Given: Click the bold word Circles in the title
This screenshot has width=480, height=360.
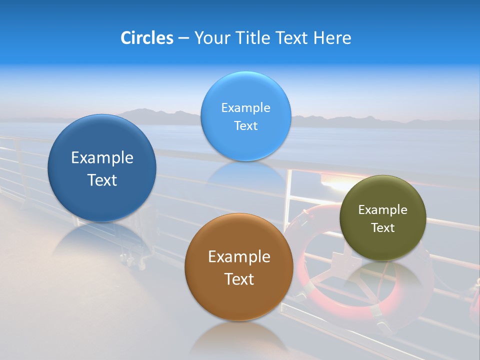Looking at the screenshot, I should pyautogui.click(x=146, y=38).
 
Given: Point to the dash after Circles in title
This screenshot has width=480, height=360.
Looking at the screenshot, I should pyautogui.click(x=183, y=38).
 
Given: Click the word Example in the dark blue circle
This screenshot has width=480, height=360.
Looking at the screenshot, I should pyautogui.click(x=102, y=158).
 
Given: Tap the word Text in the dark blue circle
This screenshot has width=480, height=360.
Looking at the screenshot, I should pyautogui.click(x=102, y=180).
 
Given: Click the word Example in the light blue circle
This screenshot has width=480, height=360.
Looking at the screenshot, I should pyautogui.click(x=245, y=107).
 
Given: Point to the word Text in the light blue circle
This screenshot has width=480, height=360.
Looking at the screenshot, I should pyautogui.click(x=245, y=125).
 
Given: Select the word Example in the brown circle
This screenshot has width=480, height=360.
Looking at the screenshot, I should pyautogui.click(x=239, y=257).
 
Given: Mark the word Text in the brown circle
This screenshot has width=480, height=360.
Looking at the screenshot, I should pyautogui.click(x=239, y=279).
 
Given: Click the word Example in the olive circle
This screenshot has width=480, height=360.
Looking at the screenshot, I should pyautogui.click(x=383, y=209).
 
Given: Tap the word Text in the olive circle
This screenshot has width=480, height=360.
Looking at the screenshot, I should pyautogui.click(x=383, y=227).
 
